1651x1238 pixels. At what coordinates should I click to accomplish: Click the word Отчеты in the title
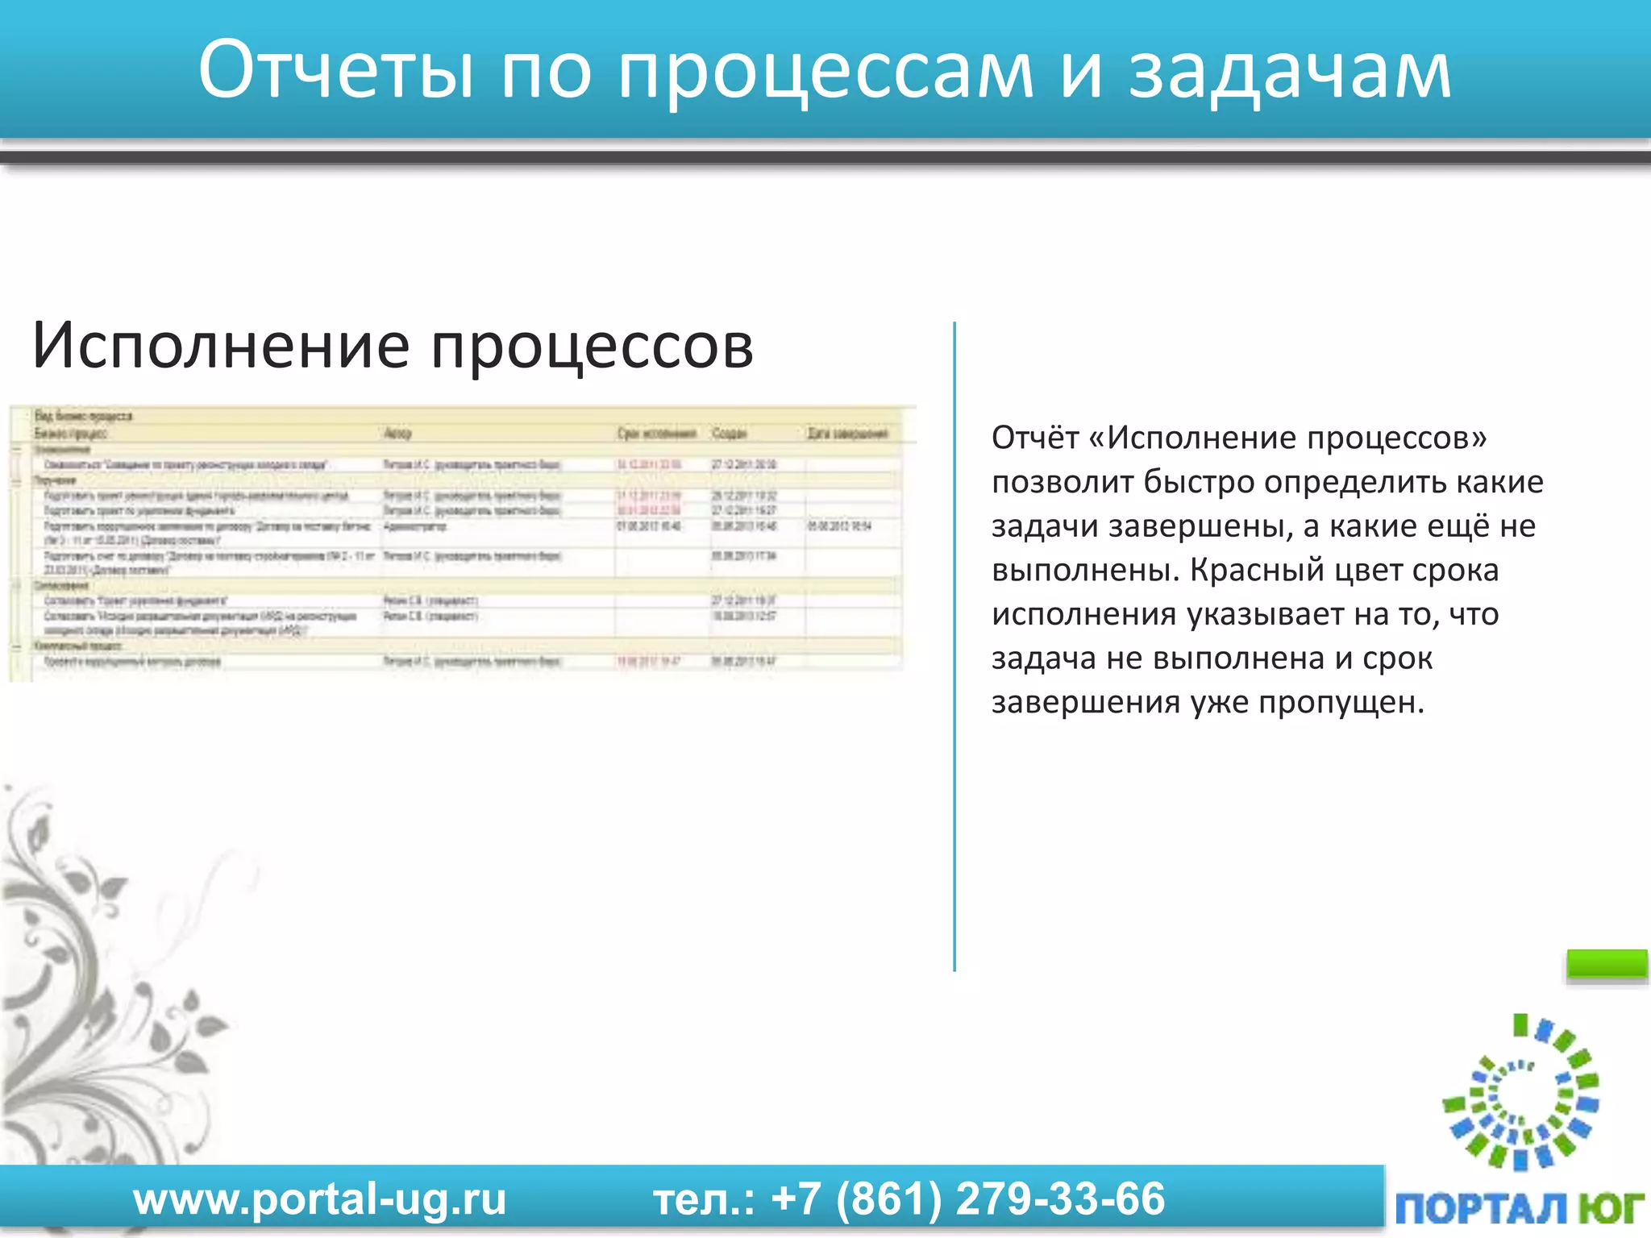click(x=335, y=71)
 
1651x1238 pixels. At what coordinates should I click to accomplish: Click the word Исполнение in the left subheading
click(x=220, y=345)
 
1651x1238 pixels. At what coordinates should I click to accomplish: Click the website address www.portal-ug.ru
click(x=320, y=1199)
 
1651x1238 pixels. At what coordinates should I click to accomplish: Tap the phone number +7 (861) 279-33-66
click(x=967, y=1199)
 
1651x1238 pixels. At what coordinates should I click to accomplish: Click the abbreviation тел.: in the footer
click(x=704, y=1199)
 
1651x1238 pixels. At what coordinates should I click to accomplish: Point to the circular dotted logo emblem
click(x=1520, y=1092)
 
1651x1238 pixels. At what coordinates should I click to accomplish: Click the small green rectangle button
click(x=1606, y=964)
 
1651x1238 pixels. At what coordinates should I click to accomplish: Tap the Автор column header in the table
click(x=397, y=434)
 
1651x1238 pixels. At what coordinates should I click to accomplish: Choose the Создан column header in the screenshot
click(x=729, y=434)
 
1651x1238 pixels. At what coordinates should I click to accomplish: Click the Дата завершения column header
click(x=847, y=434)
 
